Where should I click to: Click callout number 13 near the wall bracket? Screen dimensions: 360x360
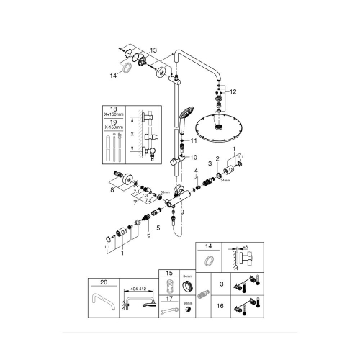[153, 50]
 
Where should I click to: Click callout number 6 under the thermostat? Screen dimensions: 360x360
[150, 235]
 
